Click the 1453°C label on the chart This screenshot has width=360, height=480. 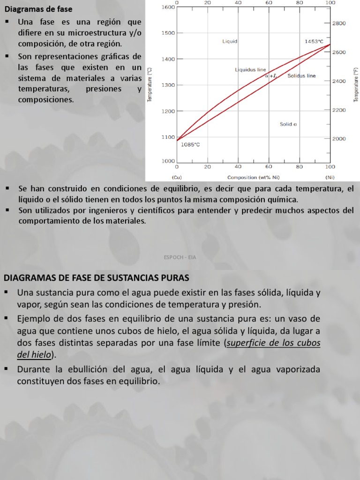(x=314, y=41)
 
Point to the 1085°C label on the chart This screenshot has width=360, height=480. (x=190, y=144)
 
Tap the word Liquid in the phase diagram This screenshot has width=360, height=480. (x=230, y=41)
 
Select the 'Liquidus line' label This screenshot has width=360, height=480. (x=250, y=70)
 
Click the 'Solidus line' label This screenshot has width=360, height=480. (x=301, y=75)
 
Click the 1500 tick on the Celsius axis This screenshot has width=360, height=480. (x=168, y=33)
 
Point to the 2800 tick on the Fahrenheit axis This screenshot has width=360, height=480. (x=339, y=23)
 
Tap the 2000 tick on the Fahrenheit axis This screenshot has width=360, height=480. (x=339, y=139)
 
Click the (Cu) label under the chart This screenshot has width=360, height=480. (x=177, y=178)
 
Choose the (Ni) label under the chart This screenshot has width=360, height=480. (x=330, y=178)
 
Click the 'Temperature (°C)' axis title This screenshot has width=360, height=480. (x=149, y=84)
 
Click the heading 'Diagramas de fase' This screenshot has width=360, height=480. (x=38, y=9)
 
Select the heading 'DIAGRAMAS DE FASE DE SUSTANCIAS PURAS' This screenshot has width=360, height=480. (x=96, y=277)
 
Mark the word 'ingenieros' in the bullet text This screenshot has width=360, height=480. (x=116, y=210)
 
